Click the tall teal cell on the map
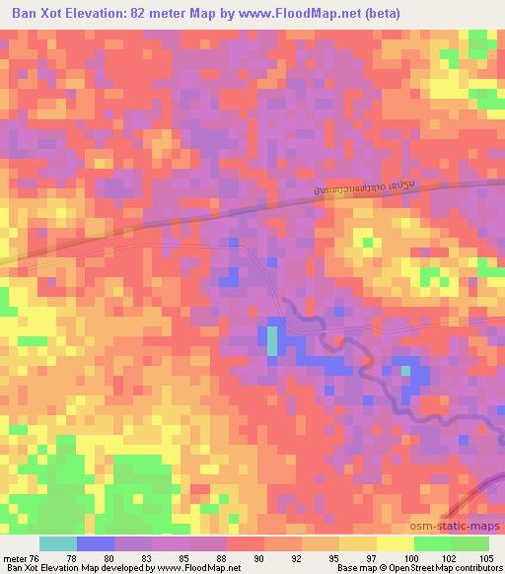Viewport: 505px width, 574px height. click(272, 340)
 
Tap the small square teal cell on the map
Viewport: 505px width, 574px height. click(405, 371)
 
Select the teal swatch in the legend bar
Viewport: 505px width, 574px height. click(58, 542)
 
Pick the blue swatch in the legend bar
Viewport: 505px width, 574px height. click(96, 542)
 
